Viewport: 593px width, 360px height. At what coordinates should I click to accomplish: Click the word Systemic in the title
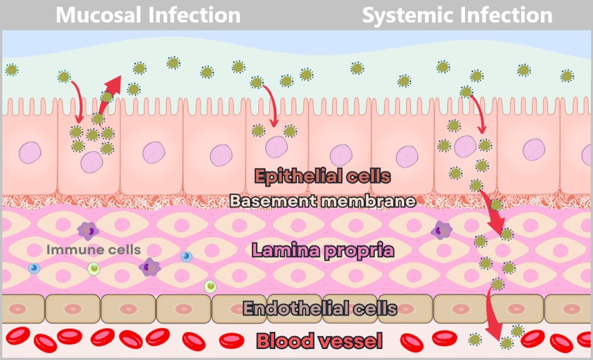click(x=404, y=16)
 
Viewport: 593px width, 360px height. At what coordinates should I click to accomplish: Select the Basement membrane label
click(x=323, y=201)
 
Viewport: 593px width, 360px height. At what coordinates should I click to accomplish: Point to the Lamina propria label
click(x=323, y=250)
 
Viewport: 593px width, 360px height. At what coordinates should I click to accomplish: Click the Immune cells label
click(x=93, y=250)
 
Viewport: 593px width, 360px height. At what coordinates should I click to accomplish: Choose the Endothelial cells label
click(x=320, y=308)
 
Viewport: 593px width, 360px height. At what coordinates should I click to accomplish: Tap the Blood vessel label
click(x=319, y=341)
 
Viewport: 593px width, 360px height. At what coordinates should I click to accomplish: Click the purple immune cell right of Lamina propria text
click(x=441, y=230)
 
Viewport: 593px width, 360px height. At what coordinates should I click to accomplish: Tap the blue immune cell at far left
click(x=34, y=268)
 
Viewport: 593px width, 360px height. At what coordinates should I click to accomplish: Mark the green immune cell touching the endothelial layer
click(x=210, y=286)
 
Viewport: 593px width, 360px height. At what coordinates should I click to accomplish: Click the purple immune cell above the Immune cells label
click(x=88, y=230)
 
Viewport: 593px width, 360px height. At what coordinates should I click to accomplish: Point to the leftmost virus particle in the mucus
click(x=11, y=70)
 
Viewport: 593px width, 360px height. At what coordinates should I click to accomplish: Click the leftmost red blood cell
click(x=17, y=335)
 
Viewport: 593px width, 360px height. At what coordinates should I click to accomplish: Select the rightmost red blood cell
click(x=584, y=339)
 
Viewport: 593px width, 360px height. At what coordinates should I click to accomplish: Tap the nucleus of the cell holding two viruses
click(x=276, y=147)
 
